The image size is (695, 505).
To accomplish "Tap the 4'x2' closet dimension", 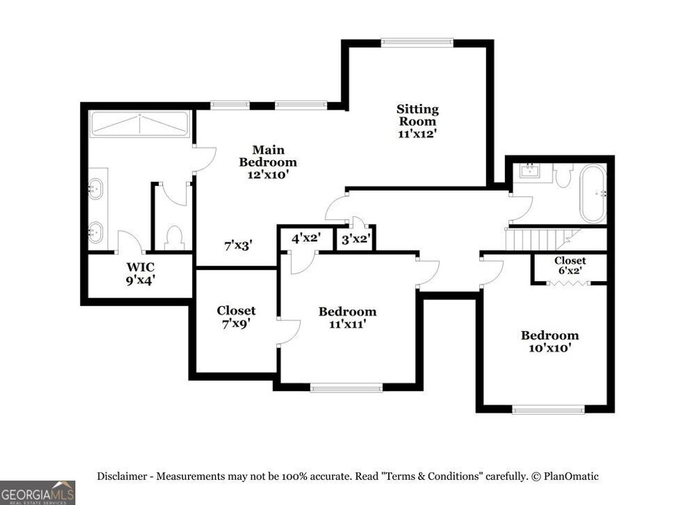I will [305, 239].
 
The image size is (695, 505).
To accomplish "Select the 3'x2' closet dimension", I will [355, 240].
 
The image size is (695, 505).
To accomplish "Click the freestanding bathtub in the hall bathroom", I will [593, 193].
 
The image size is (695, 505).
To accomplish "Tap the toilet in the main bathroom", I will [174, 237].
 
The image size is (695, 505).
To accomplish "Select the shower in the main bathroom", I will [140, 124].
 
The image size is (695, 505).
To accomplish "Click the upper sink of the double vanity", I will [96, 187].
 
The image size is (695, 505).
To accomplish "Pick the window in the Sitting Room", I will [417, 43].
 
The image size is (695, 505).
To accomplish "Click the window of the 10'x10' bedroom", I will [548, 409].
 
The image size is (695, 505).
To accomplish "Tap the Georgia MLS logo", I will [37, 492].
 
